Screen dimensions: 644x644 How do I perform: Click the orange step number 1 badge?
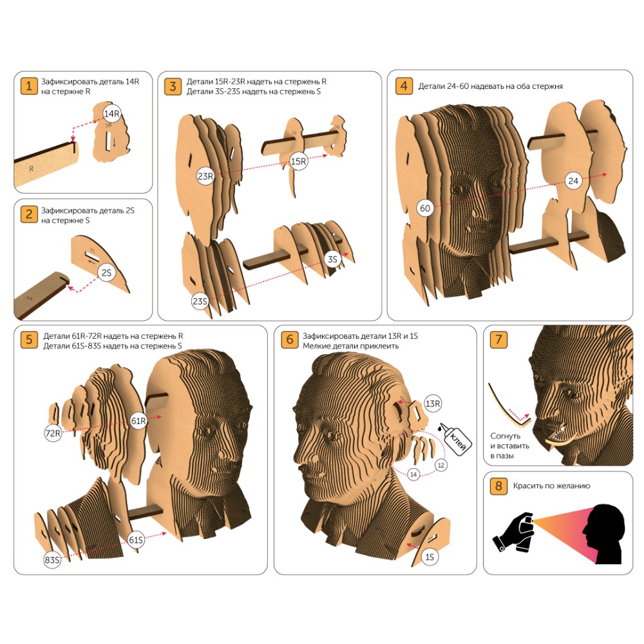29,86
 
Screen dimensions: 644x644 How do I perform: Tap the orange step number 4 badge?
404,86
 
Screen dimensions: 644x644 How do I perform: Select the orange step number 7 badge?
498,339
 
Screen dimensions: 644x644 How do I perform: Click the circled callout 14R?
111,113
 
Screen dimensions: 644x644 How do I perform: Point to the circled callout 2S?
106,272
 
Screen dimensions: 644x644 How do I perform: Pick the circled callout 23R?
205,176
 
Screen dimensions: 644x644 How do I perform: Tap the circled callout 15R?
299,162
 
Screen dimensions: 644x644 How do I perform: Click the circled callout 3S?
333,260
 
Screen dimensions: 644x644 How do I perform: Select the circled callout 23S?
200,301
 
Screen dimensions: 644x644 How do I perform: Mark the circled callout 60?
425,208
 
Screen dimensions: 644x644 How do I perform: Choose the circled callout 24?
573,181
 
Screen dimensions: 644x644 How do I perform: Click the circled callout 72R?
53,433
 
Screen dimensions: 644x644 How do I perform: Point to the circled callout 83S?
52,560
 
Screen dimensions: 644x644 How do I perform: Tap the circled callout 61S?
136,540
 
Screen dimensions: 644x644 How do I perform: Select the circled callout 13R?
433,404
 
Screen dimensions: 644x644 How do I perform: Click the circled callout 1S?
430,557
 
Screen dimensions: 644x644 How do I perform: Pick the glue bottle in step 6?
455,438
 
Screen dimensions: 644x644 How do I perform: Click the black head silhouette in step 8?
603,534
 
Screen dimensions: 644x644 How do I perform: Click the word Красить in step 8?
527,486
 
